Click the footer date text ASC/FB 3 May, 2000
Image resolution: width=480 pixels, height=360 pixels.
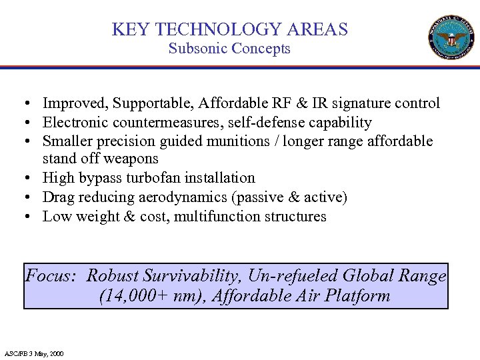35,353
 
